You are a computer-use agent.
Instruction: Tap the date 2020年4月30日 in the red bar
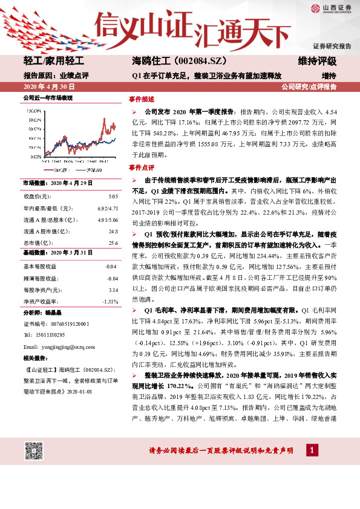(47, 87)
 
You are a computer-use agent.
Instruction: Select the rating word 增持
(329, 76)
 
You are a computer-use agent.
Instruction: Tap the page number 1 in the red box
(311, 450)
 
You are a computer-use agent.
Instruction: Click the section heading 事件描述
(142, 98)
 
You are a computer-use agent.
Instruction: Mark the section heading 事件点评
(142, 167)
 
